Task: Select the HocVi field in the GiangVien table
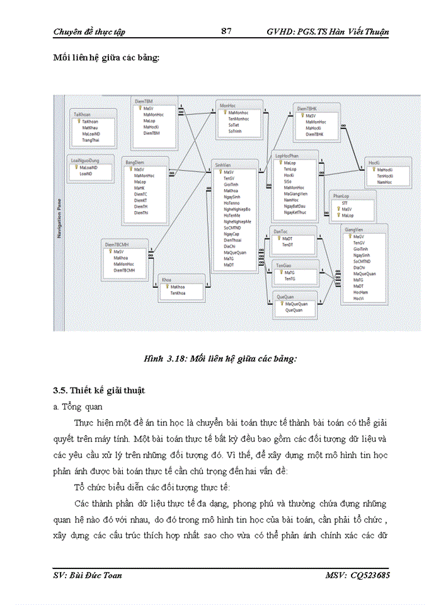coord(359,297)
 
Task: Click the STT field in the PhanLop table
coord(345,204)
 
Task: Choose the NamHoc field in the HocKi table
coord(384,182)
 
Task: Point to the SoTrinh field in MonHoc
coord(235,130)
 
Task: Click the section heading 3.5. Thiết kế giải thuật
coord(99,391)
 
